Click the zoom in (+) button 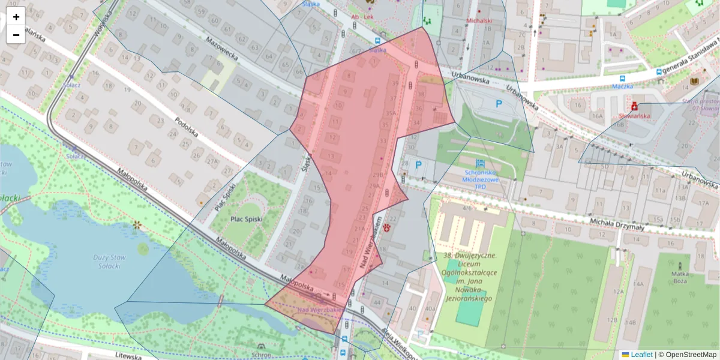click(x=16, y=17)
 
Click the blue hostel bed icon click(x=480, y=163)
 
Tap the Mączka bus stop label click(x=619, y=86)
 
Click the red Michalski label click(x=479, y=20)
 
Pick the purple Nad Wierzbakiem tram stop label click(x=319, y=310)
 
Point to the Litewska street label click(x=128, y=356)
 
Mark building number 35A click(x=391, y=113)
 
